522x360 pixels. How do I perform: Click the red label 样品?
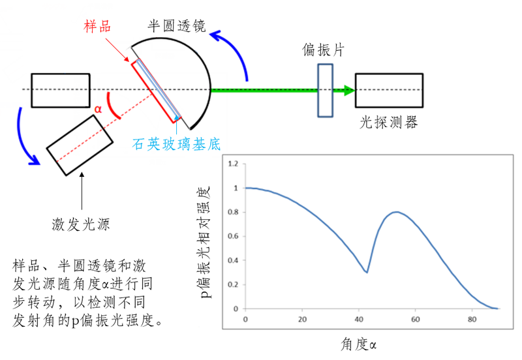[x=98, y=25]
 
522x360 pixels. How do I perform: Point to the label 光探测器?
[x=389, y=122]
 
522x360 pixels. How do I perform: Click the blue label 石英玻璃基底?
[x=174, y=144]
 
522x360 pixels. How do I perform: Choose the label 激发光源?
[x=80, y=225]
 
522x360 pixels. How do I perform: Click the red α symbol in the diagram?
[x=99, y=109]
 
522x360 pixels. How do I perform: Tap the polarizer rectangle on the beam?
[x=325, y=90]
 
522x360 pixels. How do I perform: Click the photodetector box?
[x=390, y=90]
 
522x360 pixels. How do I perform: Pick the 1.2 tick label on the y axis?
[x=233, y=164]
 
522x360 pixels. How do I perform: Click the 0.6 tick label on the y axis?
[x=233, y=236]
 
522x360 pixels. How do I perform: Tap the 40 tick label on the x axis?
[x=358, y=320]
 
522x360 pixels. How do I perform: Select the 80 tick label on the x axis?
[x=471, y=320]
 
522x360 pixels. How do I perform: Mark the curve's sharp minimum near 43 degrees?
[x=367, y=273]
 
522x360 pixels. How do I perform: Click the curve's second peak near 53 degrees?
[x=396, y=212]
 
